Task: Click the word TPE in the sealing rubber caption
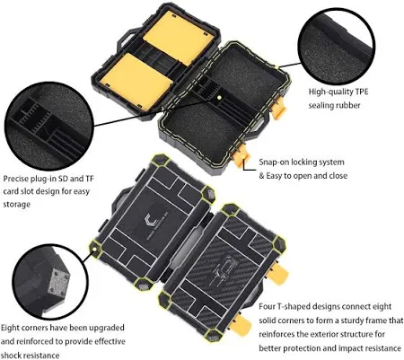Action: point(362,92)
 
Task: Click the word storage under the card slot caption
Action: point(16,205)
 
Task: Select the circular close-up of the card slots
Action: point(49,126)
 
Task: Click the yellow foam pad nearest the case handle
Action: point(179,38)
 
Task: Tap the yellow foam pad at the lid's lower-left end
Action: point(136,83)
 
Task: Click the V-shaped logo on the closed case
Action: point(154,221)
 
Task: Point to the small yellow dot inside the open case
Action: point(219,98)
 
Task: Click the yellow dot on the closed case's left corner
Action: point(94,249)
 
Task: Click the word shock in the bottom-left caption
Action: point(11,356)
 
